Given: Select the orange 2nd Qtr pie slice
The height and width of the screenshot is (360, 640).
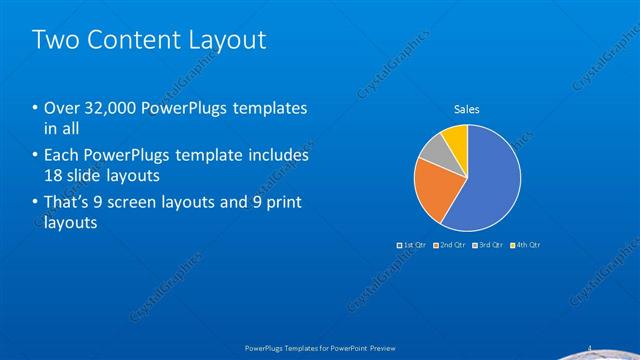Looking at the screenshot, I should (436, 190).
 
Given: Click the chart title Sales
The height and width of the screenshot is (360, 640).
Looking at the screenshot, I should (467, 107).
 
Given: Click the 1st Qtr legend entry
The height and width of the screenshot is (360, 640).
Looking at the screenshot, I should (412, 245).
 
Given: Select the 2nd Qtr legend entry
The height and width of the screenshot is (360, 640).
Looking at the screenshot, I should (451, 245).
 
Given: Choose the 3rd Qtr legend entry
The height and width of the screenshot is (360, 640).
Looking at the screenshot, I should (488, 245).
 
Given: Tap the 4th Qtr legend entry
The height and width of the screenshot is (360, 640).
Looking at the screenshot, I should (526, 245).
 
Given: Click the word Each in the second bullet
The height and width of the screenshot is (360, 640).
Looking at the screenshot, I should (61, 156).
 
